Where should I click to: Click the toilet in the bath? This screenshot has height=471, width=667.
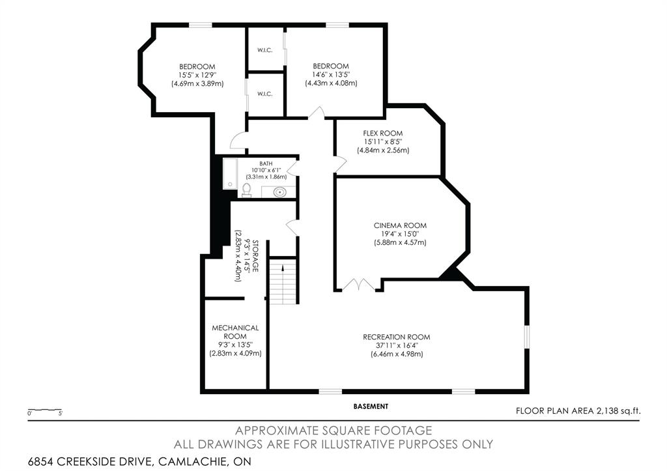pyautogui.click(x=246, y=190)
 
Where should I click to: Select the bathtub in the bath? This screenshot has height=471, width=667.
pyautogui.click(x=230, y=173)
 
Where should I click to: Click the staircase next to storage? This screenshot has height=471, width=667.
pyautogui.click(x=285, y=279)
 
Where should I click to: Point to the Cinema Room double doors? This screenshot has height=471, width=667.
pyautogui.click(x=358, y=285)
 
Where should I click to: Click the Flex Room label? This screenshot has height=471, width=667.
pyautogui.click(x=383, y=133)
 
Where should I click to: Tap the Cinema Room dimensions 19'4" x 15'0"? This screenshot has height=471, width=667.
pyautogui.click(x=400, y=234)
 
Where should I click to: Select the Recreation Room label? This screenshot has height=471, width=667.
pyautogui.click(x=397, y=337)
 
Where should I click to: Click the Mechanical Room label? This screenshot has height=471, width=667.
pyautogui.click(x=235, y=332)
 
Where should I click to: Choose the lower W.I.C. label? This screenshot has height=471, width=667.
pyautogui.click(x=264, y=94)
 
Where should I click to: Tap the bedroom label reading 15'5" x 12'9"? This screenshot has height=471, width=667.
pyautogui.click(x=197, y=75)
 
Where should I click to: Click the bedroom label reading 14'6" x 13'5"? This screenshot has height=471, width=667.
pyautogui.click(x=331, y=74)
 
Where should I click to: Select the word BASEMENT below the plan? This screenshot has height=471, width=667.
pyautogui.click(x=371, y=406)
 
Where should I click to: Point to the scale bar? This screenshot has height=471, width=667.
pyautogui.click(x=44, y=410)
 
